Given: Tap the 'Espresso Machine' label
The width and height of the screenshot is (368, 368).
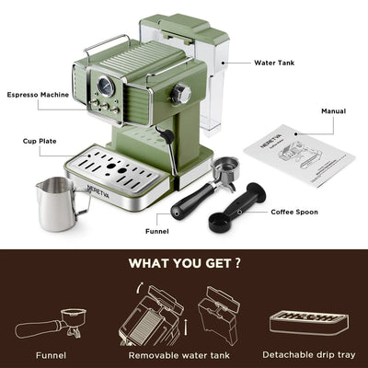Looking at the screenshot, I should [39, 95].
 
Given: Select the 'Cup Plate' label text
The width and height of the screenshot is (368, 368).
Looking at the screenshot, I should [41, 142].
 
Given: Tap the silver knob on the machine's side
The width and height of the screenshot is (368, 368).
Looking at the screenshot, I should [182, 93].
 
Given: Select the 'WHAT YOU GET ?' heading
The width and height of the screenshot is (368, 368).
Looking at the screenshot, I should [185, 264].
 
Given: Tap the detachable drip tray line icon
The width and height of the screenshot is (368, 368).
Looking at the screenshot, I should [307, 321].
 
